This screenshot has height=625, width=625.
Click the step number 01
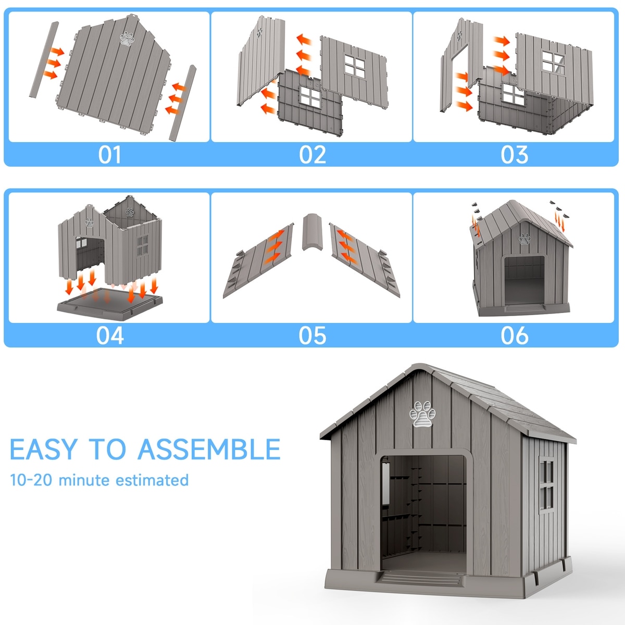(109, 155)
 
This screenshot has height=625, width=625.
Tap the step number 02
(312, 155)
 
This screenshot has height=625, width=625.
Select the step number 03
(515, 155)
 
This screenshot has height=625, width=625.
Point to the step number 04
(110, 335)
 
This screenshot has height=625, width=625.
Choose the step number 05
(312, 335)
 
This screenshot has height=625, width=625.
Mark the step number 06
(515, 335)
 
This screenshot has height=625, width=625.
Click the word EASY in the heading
(44, 449)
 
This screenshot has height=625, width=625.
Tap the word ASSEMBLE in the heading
(209, 449)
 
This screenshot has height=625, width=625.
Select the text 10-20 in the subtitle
(31, 480)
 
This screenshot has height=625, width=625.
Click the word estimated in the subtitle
(152, 480)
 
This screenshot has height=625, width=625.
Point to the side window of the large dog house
(546, 485)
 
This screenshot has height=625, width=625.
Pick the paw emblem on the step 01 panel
(127, 39)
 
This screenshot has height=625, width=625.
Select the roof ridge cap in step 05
(312, 232)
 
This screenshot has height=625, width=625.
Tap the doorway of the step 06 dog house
(524, 280)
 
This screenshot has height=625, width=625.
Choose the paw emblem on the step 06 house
(524, 239)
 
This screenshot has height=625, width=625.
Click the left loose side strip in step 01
(44, 60)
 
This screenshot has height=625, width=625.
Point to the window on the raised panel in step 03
(553, 63)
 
